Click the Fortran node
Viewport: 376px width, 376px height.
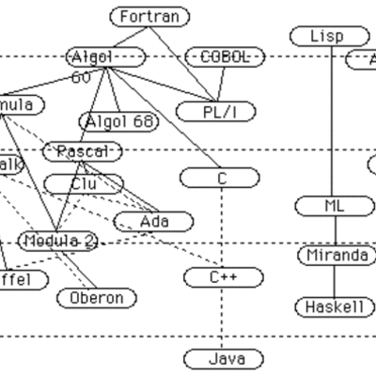pyautogui.click(x=149, y=17)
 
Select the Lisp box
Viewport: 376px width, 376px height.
pyautogui.click(x=326, y=37)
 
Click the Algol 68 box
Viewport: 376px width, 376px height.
pyautogui.click(x=119, y=121)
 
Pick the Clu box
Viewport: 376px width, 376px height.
pyautogui.click(x=84, y=183)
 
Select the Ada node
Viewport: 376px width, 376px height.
pyautogui.click(x=154, y=222)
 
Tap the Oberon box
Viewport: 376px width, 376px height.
pyautogui.click(x=97, y=298)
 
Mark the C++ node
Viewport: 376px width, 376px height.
pyautogui.click(x=221, y=276)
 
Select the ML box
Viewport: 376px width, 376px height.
pyautogui.click(x=335, y=206)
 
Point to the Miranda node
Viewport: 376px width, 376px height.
pyautogui.click(x=336, y=256)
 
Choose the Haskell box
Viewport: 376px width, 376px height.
pyautogui.click(x=336, y=307)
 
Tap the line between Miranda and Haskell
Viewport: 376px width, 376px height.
pyautogui.click(x=336, y=282)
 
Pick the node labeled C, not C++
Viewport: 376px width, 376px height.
pyautogui.click(x=221, y=177)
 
